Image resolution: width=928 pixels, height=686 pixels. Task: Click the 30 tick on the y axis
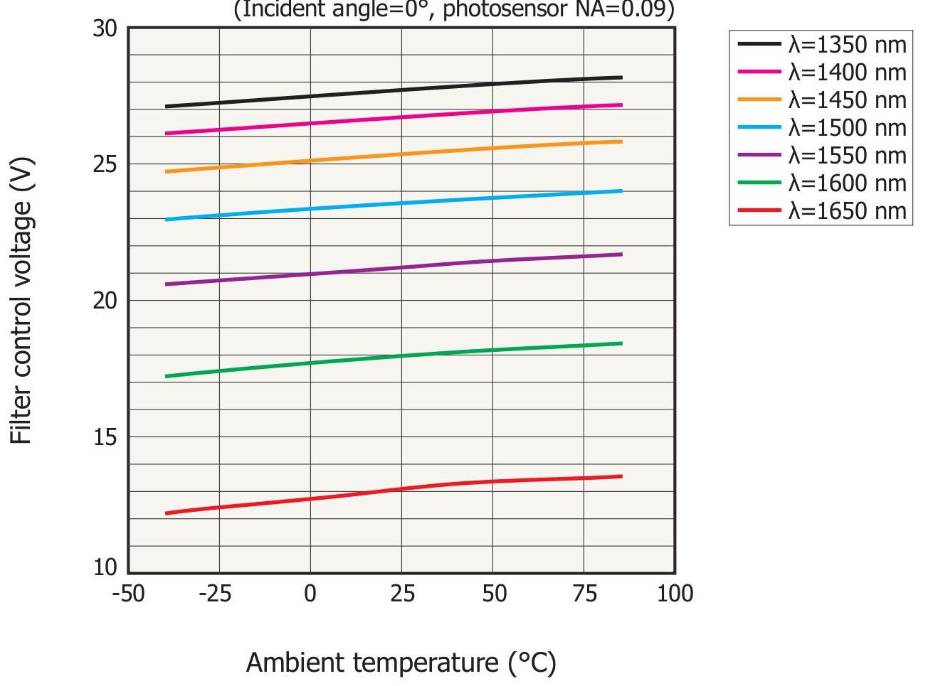tap(105, 28)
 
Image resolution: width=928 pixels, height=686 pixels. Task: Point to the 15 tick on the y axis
tap(105, 436)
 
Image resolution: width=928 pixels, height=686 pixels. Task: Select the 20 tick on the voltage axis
tap(105, 301)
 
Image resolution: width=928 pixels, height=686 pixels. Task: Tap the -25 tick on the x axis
tap(216, 593)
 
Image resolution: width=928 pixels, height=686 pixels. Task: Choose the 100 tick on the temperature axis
tap(675, 593)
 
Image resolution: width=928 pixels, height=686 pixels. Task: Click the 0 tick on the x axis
tap(310, 593)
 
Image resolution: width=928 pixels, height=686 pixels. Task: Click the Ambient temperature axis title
tap(401, 663)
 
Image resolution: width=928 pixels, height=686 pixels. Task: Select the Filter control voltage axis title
tap(22, 301)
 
